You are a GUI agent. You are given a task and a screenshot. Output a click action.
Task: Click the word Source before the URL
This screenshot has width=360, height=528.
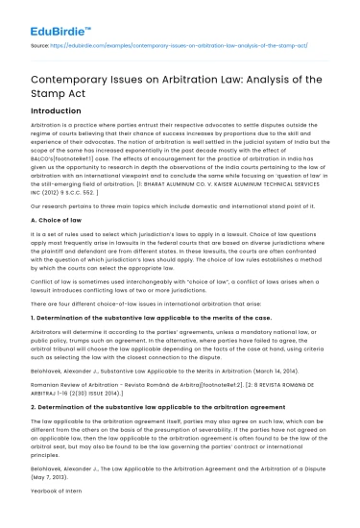click(x=42, y=44)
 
